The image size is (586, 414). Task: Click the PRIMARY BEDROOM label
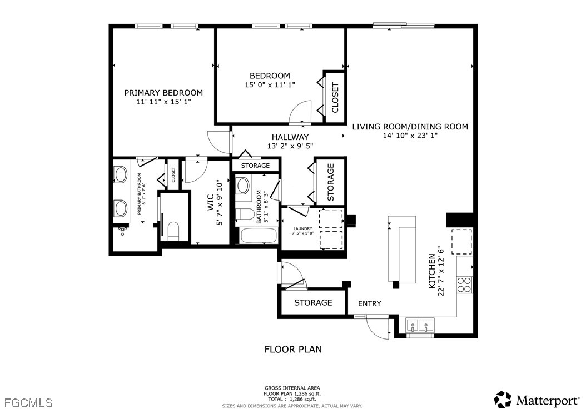coord(163,93)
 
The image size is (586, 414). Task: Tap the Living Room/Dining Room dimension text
coord(410,136)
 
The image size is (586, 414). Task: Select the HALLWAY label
coord(290,137)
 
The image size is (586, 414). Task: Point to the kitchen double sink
coord(419,325)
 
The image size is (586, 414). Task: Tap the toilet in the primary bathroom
coord(173,231)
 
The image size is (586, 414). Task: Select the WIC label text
coord(210,203)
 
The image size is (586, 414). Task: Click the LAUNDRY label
coord(302,228)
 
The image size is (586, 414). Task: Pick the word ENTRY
coord(370,303)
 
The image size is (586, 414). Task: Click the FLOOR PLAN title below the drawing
coord(293,350)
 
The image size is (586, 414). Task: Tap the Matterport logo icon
coord(503,400)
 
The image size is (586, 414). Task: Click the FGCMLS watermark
coord(29,403)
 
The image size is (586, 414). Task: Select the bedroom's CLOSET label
coord(335,97)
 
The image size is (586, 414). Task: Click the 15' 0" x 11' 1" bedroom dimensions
coord(270,85)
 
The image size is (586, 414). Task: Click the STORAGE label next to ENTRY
coord(313,302)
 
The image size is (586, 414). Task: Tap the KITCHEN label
coord(431,271)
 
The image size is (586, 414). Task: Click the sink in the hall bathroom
coord(243,186)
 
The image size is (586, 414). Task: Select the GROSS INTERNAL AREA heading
coord(292,388)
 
